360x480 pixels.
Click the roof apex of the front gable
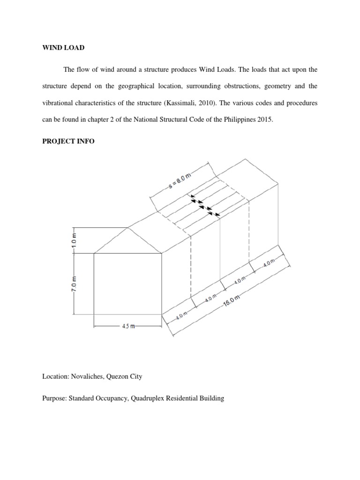128,228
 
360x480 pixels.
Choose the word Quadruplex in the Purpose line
143,398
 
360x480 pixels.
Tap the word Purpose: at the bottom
54,398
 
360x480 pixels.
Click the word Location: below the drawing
56,376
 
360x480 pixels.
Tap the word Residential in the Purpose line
180,398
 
